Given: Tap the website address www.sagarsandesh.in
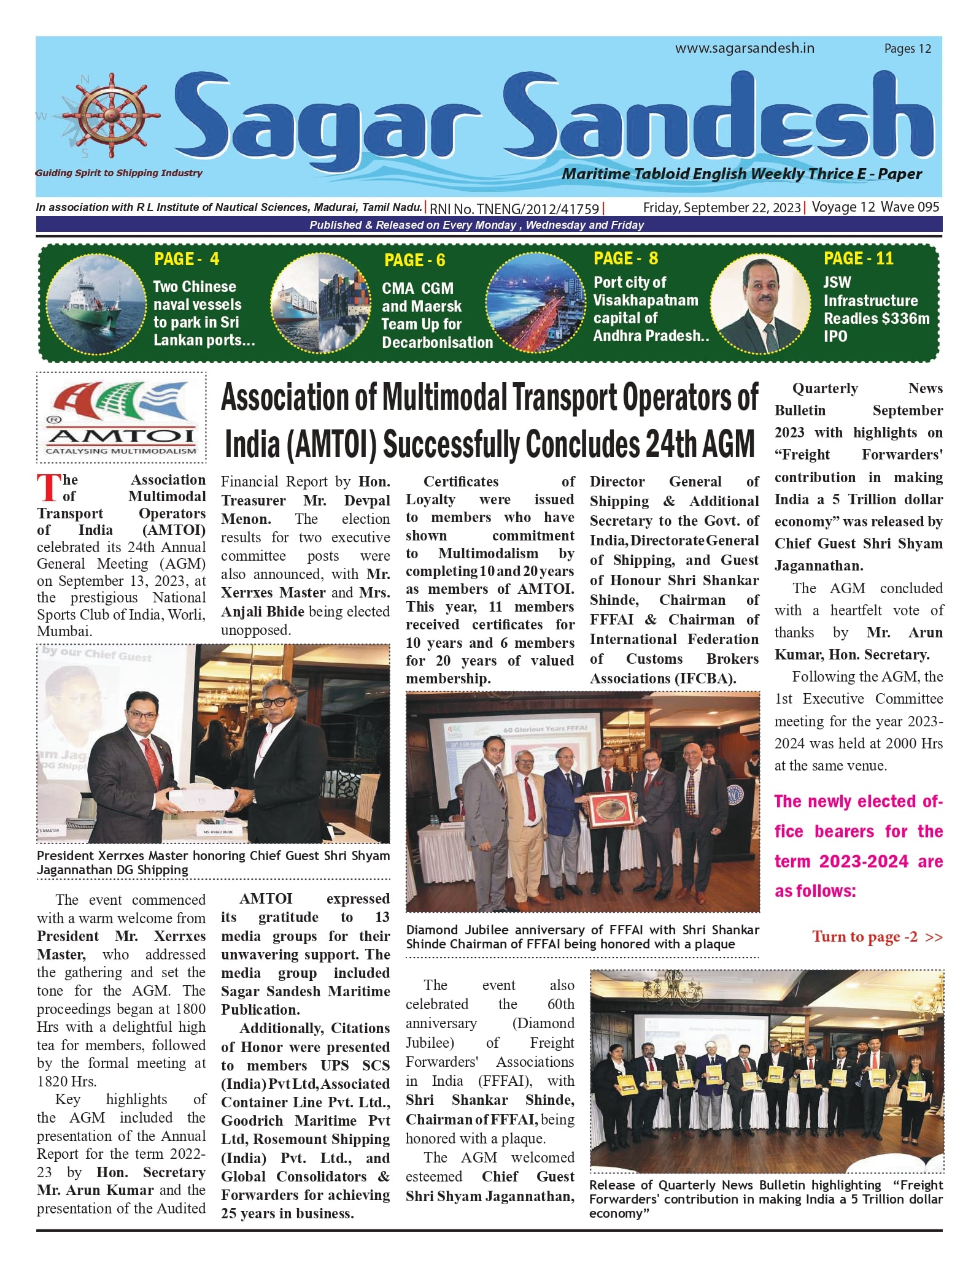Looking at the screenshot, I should [745, 48].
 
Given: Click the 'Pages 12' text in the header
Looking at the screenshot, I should [907, 49].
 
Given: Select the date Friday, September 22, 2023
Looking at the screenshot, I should [722, 207].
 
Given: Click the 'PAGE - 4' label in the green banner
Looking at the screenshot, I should [187, 259].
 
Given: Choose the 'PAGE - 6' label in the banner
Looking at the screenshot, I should [414, 261].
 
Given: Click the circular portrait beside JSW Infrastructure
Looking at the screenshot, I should [761, 304].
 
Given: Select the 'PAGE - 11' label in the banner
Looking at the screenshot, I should [858, 258].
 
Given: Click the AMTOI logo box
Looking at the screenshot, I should [122, 417].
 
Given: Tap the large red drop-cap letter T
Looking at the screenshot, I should [48, 488].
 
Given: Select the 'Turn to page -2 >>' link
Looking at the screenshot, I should [877, 937].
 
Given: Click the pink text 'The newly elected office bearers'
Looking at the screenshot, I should [858, 846].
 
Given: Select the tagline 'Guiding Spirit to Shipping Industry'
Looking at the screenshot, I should [119, 173].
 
